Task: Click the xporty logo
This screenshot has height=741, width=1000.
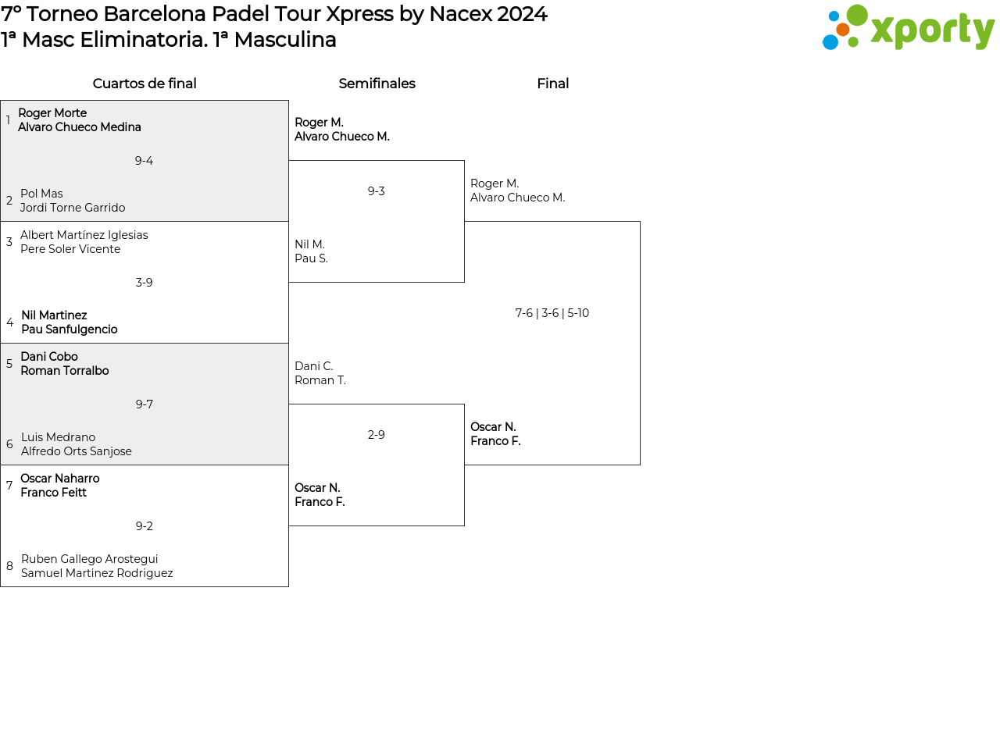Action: point(908,27)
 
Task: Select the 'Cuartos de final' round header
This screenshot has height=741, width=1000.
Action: point(145,84)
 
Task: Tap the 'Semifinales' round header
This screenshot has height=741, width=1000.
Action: point(377,84)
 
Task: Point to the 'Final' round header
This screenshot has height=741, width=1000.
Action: point(553,84)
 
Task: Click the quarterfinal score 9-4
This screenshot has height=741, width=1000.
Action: point(144,161)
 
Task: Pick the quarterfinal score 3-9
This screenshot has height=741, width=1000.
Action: point(144,283)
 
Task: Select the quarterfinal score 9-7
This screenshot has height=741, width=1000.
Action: point(144,404)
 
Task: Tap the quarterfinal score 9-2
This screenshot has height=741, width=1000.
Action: point(144,526)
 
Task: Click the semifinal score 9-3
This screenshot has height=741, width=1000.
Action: point(376,191)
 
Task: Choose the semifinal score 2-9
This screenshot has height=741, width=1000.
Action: point(376,435)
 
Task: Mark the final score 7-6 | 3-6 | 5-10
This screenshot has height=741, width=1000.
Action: point(552,313)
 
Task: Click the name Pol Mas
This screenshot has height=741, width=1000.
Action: point(41,194)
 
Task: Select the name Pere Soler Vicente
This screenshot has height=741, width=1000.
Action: point(70,249)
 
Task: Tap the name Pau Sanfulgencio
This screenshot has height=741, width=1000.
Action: point(70,330)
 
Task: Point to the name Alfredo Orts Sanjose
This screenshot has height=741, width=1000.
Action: point(77,451)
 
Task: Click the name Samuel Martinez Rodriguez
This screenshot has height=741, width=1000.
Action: point(97,573)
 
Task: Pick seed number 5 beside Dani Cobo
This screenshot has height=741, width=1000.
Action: point(9,364)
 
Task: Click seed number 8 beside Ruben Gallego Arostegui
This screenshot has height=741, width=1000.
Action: point(9,566)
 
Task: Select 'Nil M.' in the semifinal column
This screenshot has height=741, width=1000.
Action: point(309,244)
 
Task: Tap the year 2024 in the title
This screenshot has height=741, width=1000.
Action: point(522,14)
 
